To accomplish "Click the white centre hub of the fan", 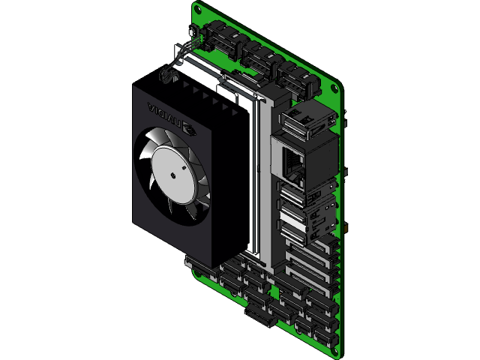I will pyautogui.click(x=173, y=174).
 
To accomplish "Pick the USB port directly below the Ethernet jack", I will pyautogui.click(x=295, y=196).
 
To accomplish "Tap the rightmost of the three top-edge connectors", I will pyautogui.click(x=297, y=78).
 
